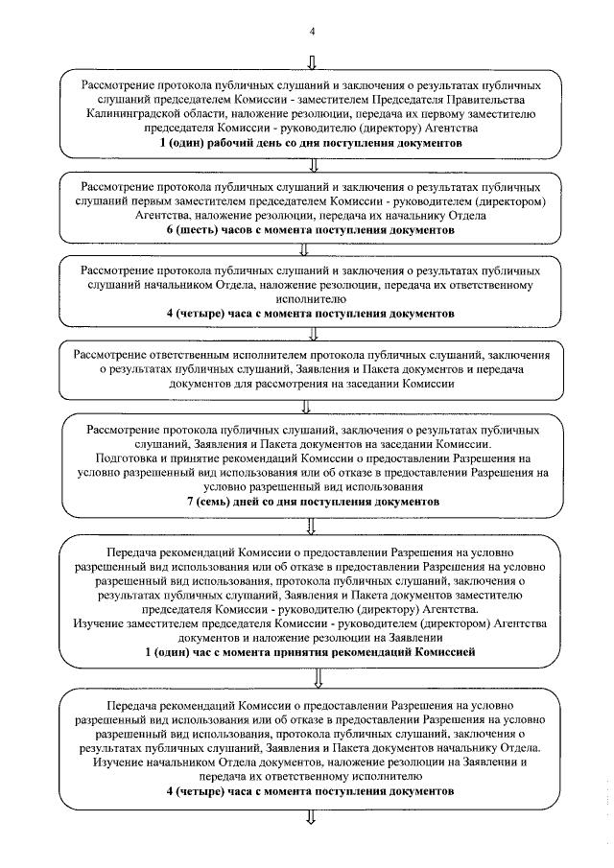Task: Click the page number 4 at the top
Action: click(311, 32)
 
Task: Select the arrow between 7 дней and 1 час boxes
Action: click(311, 524)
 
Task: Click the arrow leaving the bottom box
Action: click(311, 817)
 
